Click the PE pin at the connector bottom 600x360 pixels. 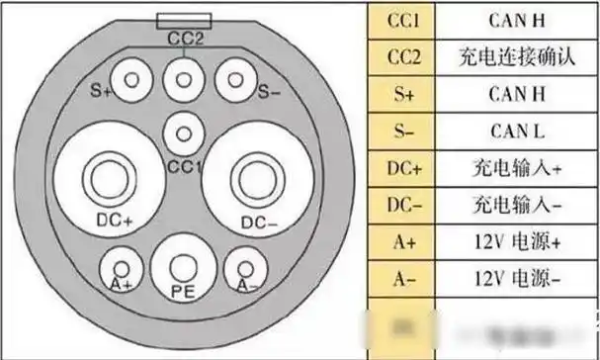pyautogui.click(x=181, y=266)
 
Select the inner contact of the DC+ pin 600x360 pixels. pyautogui.click(x=103, y=179)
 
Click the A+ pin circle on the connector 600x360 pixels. pyautogui.click(x=122, y=267)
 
